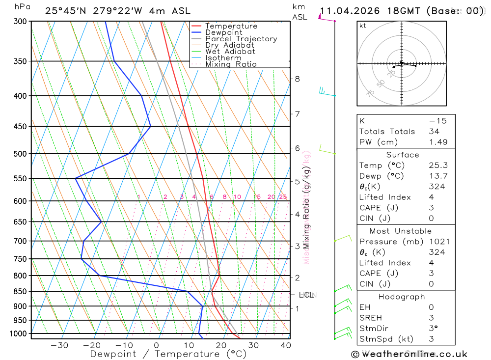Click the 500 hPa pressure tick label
click(x=21, y=154)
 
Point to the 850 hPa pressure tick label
click(x=21, y=291)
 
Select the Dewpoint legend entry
click(x=223, y=33)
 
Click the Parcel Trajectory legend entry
click(x=241, y=39)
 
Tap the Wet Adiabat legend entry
click(x=230, y=52)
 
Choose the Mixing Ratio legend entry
click(x=231, y=64)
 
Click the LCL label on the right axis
click(x=306, y=295)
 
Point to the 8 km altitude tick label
click(x=297, y=79)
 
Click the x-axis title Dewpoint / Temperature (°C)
click(x=168, y=354)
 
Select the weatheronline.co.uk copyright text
click(x=409, y=354)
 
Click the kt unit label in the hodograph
click(x=363, y=26)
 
